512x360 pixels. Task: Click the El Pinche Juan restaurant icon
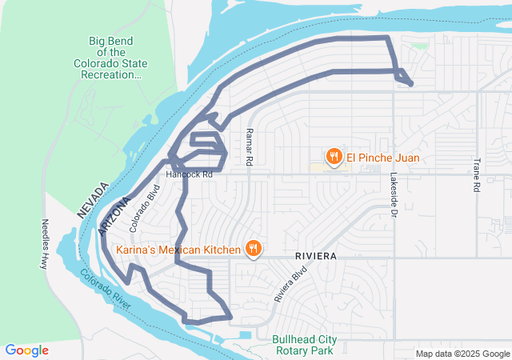(334, 157)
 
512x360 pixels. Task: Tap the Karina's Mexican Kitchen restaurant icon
(253, 250)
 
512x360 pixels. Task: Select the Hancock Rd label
(190, 174)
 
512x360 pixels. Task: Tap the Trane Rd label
(476, 175)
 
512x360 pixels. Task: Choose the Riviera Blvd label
(290, 283)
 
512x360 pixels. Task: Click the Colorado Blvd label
(146, 209)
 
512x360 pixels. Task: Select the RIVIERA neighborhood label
(314, 254)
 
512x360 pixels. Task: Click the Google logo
(26, 350)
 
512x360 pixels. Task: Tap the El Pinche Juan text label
(382, 158)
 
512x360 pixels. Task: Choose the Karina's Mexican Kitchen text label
(178, 250)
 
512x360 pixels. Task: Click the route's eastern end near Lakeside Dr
(410, 83)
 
